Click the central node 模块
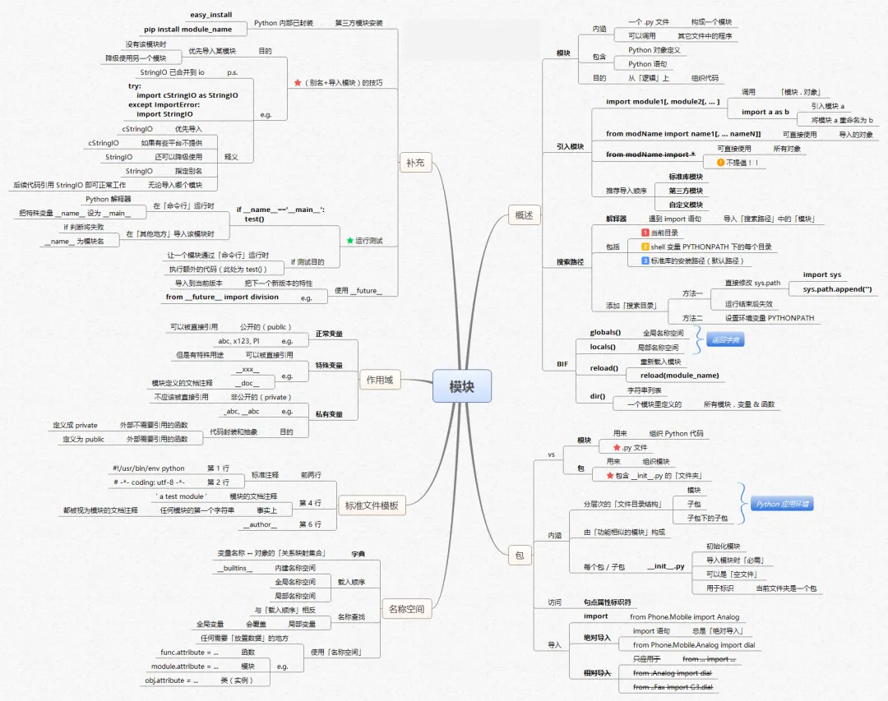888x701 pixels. [461, 386]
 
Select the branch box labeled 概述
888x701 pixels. [524, 215]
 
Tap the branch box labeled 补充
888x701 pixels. [414, 163]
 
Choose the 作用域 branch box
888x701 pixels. [379, 380]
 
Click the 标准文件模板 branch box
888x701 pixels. [372, 505]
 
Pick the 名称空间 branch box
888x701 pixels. [407, 609]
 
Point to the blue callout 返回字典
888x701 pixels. [724, 339]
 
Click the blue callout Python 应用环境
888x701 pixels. [782, 504]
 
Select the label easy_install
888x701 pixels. [211, 15]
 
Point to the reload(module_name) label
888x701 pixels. [679, 376]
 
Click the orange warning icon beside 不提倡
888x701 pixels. [720, 163]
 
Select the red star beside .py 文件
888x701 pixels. [615, 447]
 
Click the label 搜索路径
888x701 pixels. [570, 262]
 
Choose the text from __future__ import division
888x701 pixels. [222, 297]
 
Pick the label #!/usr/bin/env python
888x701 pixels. [149, 468]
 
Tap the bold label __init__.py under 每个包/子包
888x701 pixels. [665, 566]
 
